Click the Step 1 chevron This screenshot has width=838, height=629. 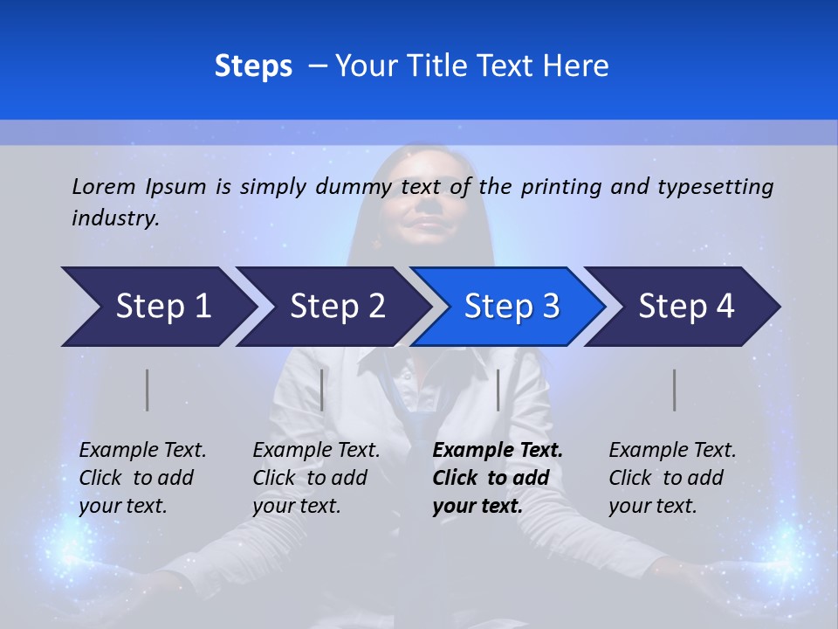tap(157, 307)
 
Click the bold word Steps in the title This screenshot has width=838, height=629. tap(253, 66)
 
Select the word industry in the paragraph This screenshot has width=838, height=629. tap(114, 218)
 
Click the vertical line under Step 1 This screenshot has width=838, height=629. tap(148, 390)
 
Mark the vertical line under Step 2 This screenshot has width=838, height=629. tap(322, 390)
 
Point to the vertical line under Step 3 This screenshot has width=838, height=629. tap(498, 390)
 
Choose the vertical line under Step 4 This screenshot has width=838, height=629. tap(674, 390)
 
